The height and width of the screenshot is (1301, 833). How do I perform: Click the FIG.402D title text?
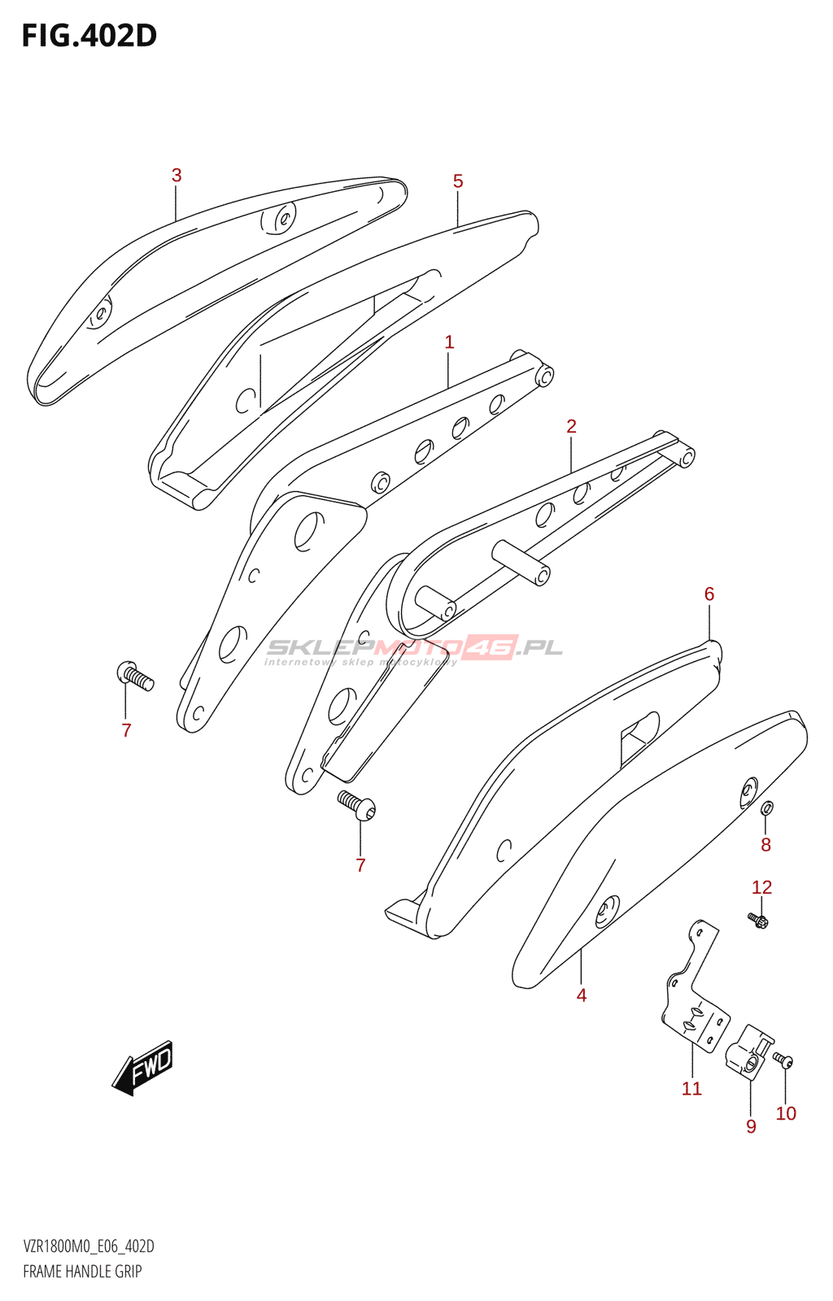tap(89, 36)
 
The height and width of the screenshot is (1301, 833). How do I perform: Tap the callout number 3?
tap(177, 175)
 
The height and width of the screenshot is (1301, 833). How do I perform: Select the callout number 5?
tap(458, 181)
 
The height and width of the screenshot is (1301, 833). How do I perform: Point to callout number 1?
tap(449, 342)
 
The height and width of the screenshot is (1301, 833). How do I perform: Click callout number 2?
tap(571, 426)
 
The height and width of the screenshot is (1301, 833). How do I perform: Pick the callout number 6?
tap(709, 594)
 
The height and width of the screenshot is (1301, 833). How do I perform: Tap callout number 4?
tap(582, 995)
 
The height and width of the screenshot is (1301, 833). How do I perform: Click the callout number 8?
tap(765, 845)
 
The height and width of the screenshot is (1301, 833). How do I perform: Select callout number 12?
tap(761, 887)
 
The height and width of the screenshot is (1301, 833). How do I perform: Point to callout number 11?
tap(691, 1089)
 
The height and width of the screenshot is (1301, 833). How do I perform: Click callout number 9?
tap(751, 1126)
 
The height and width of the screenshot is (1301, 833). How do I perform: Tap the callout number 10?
tap(786, 1113)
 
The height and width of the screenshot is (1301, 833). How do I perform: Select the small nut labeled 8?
tap(766, 807)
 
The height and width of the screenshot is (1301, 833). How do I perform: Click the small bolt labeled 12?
tap(758, 920)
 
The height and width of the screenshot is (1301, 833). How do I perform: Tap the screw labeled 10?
tap(783, 1060)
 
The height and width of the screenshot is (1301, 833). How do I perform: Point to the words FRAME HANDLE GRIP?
tap(82, 1272)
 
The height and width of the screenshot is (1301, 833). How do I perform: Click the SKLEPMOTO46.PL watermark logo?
tap(414, 649)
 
